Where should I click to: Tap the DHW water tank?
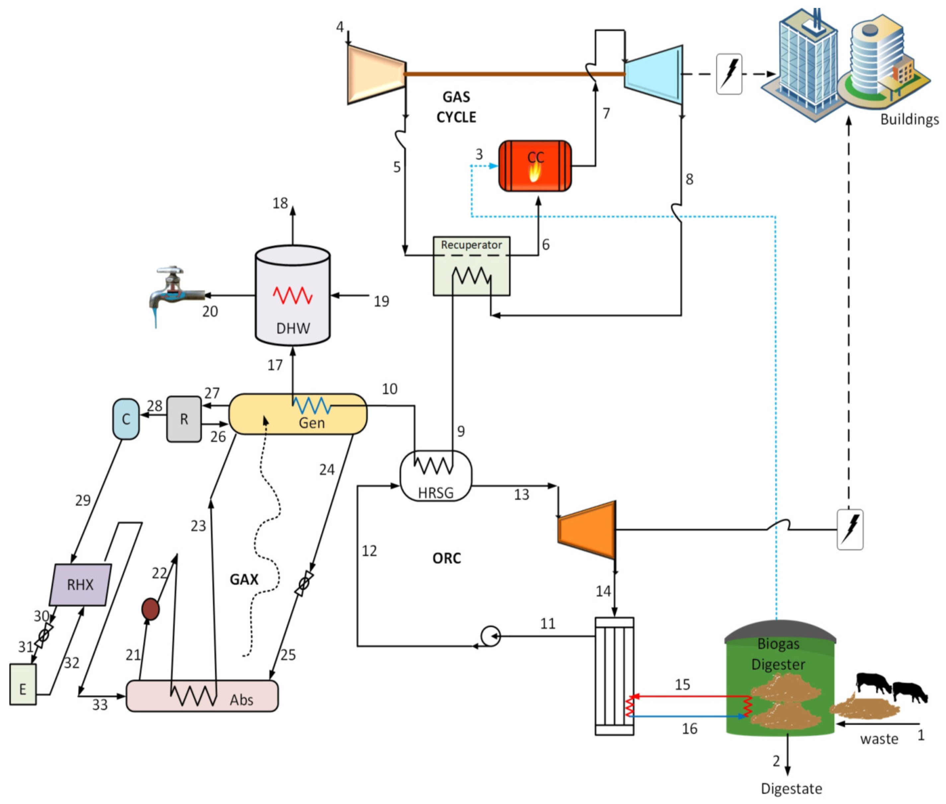pos(292,296)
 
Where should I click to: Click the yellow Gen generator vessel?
pos(297,414)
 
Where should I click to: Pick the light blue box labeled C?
pos(126,419)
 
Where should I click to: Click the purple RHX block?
pos(80,585)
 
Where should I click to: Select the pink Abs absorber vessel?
pos(202,696)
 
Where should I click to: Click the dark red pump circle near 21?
pos(150,609)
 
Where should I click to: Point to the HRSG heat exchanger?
pos(436,476)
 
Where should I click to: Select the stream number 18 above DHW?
pos(280,203)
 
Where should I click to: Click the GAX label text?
pos(244,579)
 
